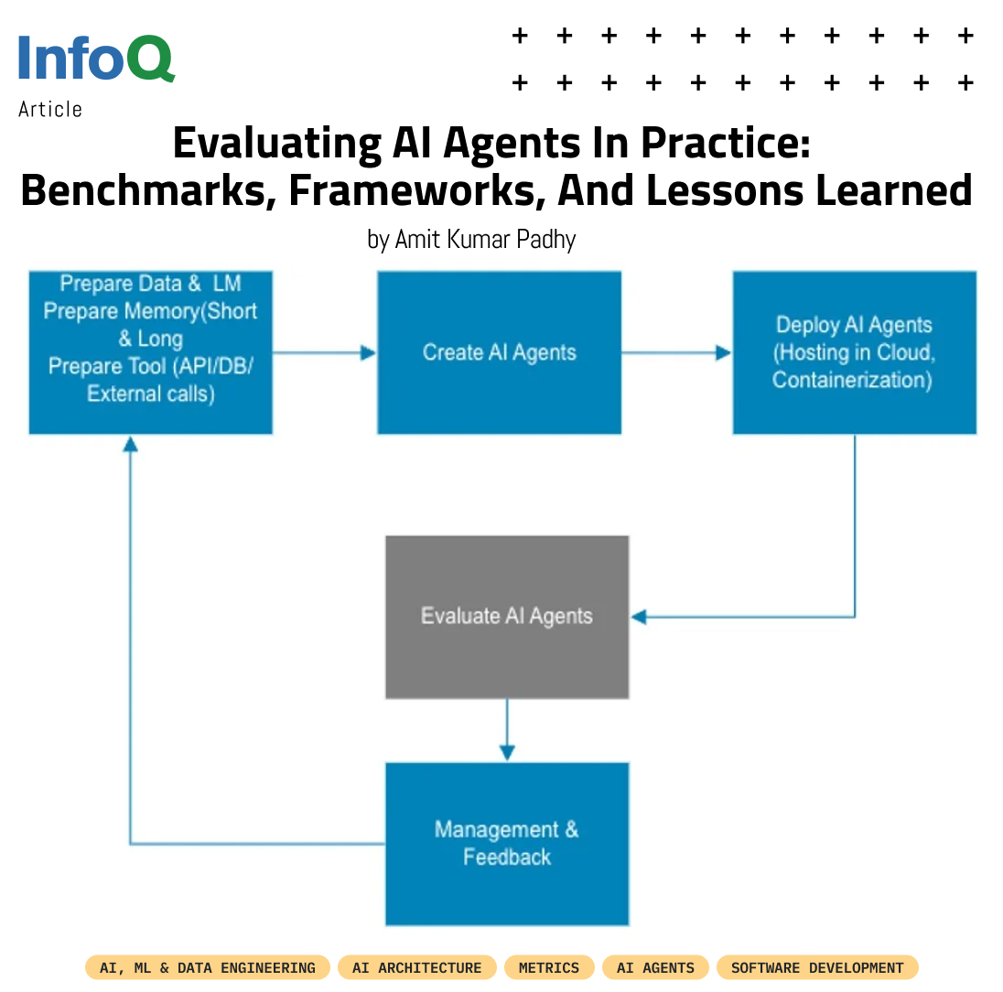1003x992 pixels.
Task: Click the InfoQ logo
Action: [x=96, y=59]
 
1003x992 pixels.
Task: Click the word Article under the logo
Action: [x=50, y=109]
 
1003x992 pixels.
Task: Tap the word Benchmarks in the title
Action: [x=144, y=191]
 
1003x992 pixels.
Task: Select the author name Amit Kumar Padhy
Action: [x=471, y=240]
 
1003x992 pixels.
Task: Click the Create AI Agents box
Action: [x=500, y=352]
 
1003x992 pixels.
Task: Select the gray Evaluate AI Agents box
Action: [x=507, y=617]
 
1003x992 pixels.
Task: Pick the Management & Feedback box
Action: [x=507, y=844]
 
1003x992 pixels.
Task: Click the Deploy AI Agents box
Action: [x=854, y=352]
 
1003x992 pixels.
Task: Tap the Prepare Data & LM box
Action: [x=151, y=352]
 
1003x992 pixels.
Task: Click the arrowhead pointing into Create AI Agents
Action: [x=369, y=352]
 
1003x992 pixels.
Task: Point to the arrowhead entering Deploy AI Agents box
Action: [x=724, y=352]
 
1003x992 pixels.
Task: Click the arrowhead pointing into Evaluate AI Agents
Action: [x=639, y=617]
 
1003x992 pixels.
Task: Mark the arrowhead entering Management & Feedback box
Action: [x=507, y=752]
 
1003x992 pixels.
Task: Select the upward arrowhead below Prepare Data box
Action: [x=130, y=444]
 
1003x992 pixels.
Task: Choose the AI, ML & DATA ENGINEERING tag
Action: [x=208, y=967]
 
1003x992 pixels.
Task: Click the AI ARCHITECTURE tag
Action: [x=416, y=967]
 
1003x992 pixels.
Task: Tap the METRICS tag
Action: [x=549, y=967]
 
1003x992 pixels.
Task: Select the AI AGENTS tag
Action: [x=655, y=967]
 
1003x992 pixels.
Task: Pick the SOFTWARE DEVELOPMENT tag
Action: [x=817, y=967]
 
